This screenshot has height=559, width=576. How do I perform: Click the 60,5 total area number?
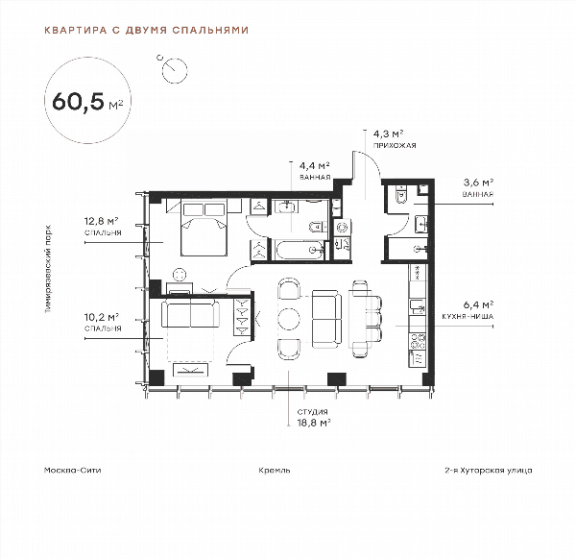click(79, 101)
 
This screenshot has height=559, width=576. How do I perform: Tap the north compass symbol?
click(174, 69)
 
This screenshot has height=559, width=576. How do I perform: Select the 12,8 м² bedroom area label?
click(101, 221)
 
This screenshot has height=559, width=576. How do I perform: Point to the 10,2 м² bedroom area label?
click(101, 317)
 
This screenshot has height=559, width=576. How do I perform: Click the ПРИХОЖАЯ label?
click(395, 146)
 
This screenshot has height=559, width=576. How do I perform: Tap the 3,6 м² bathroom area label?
click(478, 182)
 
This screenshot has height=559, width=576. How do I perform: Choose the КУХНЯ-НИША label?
click(468, 316)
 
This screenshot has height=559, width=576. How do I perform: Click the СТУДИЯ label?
click(312, 412)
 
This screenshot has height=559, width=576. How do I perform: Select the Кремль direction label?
click(275, 470)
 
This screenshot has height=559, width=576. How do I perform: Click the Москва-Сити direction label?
click(72, 470)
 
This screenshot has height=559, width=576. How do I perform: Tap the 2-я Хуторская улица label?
click(489, 470)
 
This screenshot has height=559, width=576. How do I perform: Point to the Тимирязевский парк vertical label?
click(48, 269)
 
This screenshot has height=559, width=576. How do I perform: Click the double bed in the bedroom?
click(204, 228)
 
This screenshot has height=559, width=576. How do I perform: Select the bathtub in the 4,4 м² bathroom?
click(300, 250)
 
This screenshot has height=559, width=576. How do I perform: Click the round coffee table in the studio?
click(289, 318)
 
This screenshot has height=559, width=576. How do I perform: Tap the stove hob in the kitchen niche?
click(418, 341)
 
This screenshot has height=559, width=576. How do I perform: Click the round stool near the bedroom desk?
click(180, 275)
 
